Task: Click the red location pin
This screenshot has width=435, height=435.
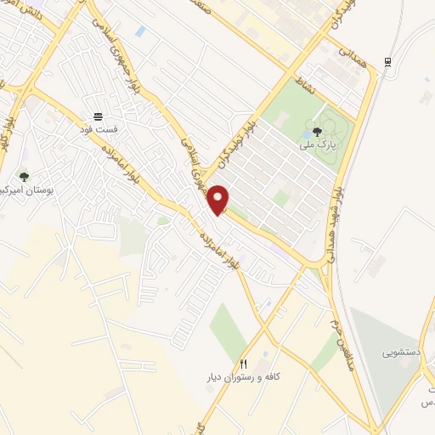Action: point(219,199)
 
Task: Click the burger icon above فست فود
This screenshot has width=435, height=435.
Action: point(97,116)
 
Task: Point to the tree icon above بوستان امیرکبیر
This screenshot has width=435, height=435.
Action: point(23,177)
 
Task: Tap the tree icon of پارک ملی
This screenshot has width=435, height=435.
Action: point(317,131)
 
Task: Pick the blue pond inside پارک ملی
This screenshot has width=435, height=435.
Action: point(304,133)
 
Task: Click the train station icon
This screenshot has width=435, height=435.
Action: point(387,61)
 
